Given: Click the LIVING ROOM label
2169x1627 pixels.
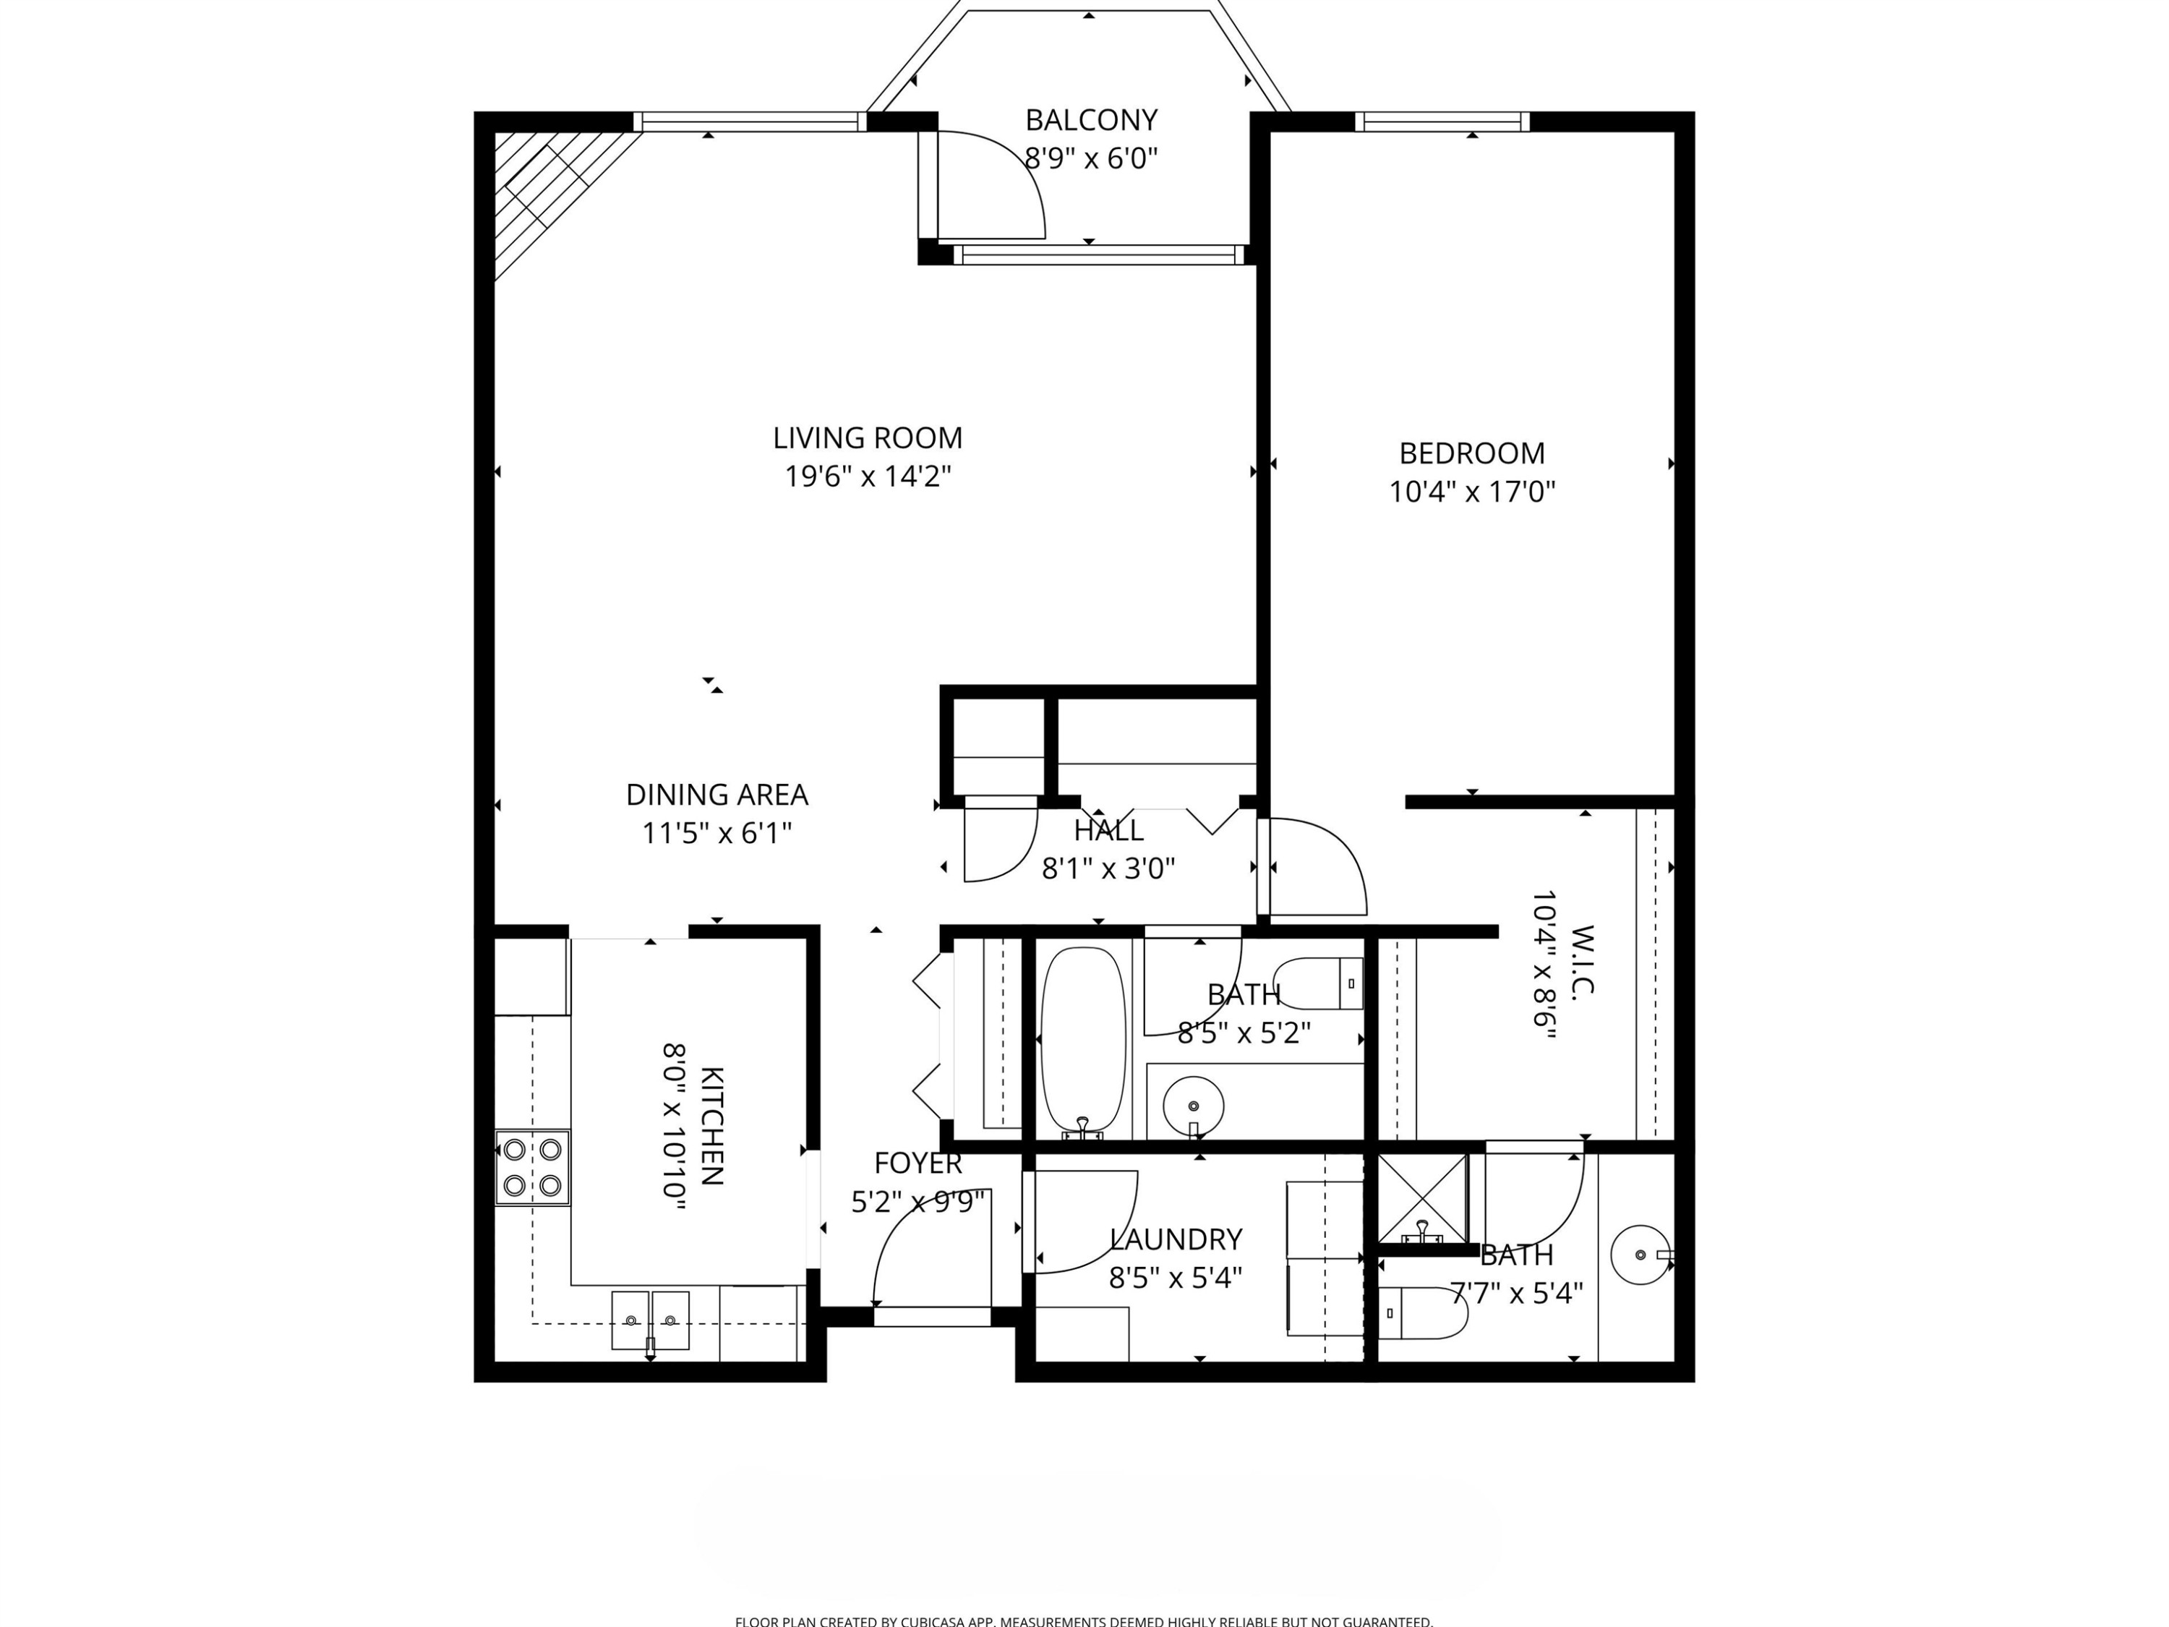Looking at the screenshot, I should pyautogui.click(x=867, y=437).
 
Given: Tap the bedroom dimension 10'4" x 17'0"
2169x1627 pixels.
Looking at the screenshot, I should pyautogui.click(x=1472, y=491).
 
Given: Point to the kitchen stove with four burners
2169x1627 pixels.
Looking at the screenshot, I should pyautogui.click(x=532, y=1167).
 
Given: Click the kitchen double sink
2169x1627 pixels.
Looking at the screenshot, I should pyautogui.click(x=650, y=1320).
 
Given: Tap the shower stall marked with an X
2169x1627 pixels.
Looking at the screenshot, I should pyautogui.click(x=1423, y=1198).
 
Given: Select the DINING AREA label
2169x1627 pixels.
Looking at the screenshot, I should pyautogui.click(x=716, y=795).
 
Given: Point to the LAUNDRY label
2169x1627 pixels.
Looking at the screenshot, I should pyautogui.click(x=1176, y=1239).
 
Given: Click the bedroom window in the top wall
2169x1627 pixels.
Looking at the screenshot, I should pyautogui.click(x=1442, y=121).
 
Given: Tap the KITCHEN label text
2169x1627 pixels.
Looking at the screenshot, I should pyautogui.click(x=712, y=1125).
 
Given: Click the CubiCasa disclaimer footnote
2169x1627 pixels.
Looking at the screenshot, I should pyautogui.click(x=1084, y=1621).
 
